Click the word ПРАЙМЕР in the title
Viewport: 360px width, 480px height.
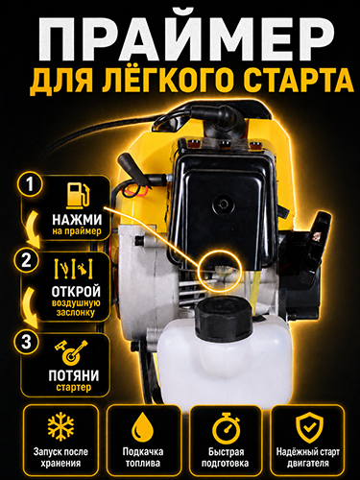[185, 36]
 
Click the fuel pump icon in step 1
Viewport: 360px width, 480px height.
[78, 195]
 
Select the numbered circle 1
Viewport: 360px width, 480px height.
[30, 184]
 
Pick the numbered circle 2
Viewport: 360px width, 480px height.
[27, 261]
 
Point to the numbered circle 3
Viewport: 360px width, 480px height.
[27, 342]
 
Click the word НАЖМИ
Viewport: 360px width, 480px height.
[77, 220]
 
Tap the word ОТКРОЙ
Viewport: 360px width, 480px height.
[76, 291]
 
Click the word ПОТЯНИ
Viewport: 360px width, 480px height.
[74, 375]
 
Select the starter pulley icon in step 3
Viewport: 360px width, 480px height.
[71, 352]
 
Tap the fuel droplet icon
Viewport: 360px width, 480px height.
[143, 429]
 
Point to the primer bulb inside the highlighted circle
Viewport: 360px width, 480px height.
[222, 272]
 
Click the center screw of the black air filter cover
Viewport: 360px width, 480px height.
[222, 204]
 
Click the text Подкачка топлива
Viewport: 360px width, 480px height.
[143, 457]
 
